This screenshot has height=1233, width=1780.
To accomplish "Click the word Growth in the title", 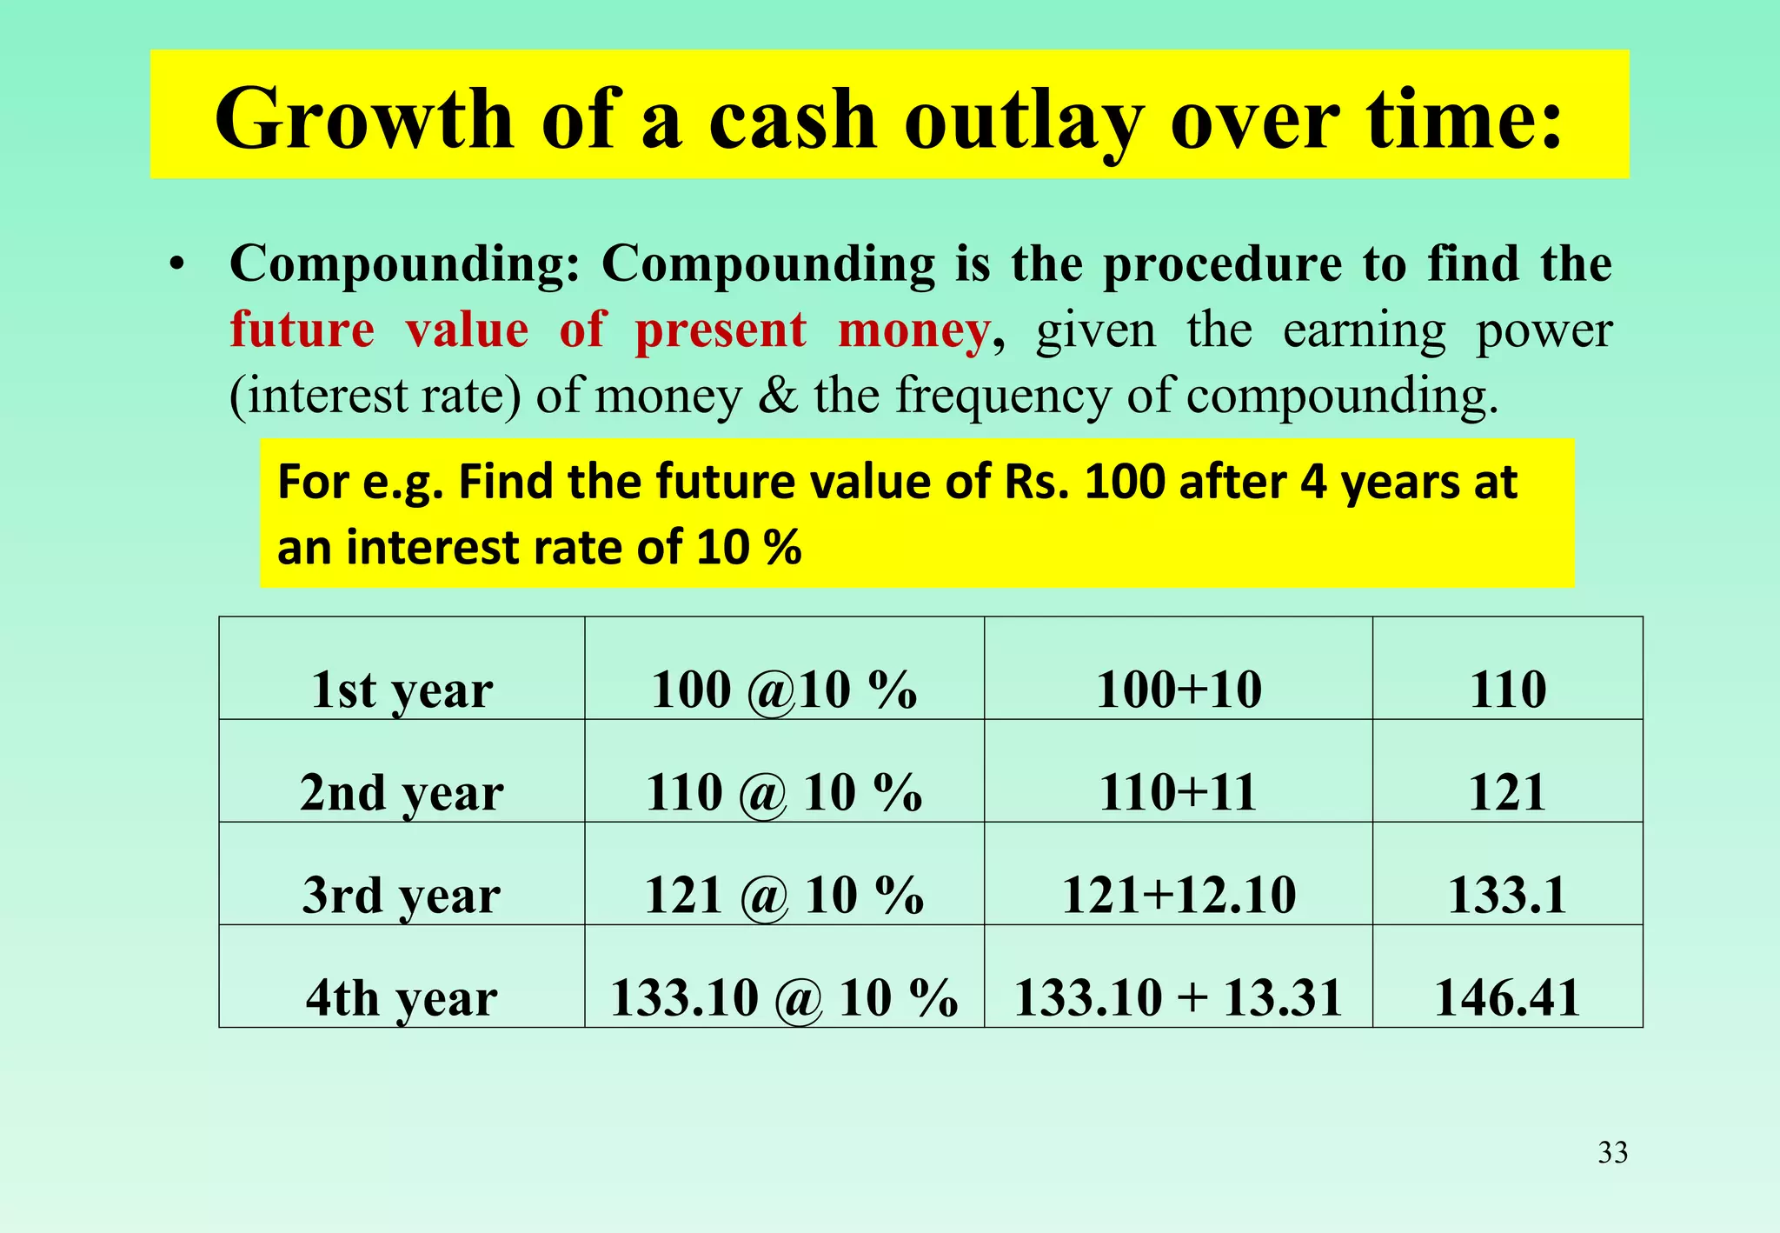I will (364, 119).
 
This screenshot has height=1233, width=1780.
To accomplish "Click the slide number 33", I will (1612, 1152).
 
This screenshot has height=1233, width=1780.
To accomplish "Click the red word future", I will (302, 330).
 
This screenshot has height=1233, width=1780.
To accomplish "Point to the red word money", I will (913, 330).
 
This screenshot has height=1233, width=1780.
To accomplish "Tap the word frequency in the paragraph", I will (1002, 396).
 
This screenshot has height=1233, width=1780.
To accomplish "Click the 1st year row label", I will (402, 690).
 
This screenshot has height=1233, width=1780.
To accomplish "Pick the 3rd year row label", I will (402, 896).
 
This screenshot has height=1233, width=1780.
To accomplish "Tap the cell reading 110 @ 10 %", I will (784, 793).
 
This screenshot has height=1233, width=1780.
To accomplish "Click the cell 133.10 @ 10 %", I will (784, 998).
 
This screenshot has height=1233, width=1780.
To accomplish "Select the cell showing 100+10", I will (1179, 690).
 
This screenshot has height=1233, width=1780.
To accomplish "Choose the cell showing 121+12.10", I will (1179, 896).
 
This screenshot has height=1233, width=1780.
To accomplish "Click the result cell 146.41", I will (1507, 998).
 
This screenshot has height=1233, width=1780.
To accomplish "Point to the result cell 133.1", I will (1507, 896).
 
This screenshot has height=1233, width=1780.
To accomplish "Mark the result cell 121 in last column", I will (1507, 793).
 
